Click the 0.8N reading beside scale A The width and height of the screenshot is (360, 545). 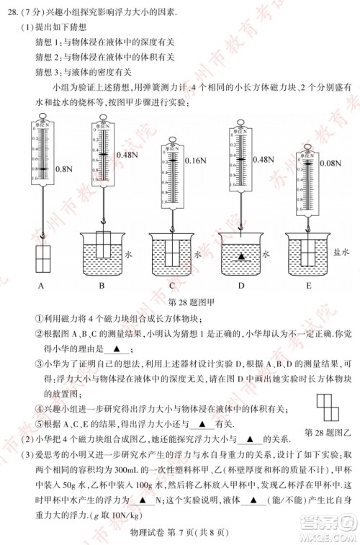tap(64, 170)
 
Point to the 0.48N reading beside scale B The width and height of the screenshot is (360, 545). tap(127, 155)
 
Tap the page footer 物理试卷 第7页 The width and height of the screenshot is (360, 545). tap(180, 531)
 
